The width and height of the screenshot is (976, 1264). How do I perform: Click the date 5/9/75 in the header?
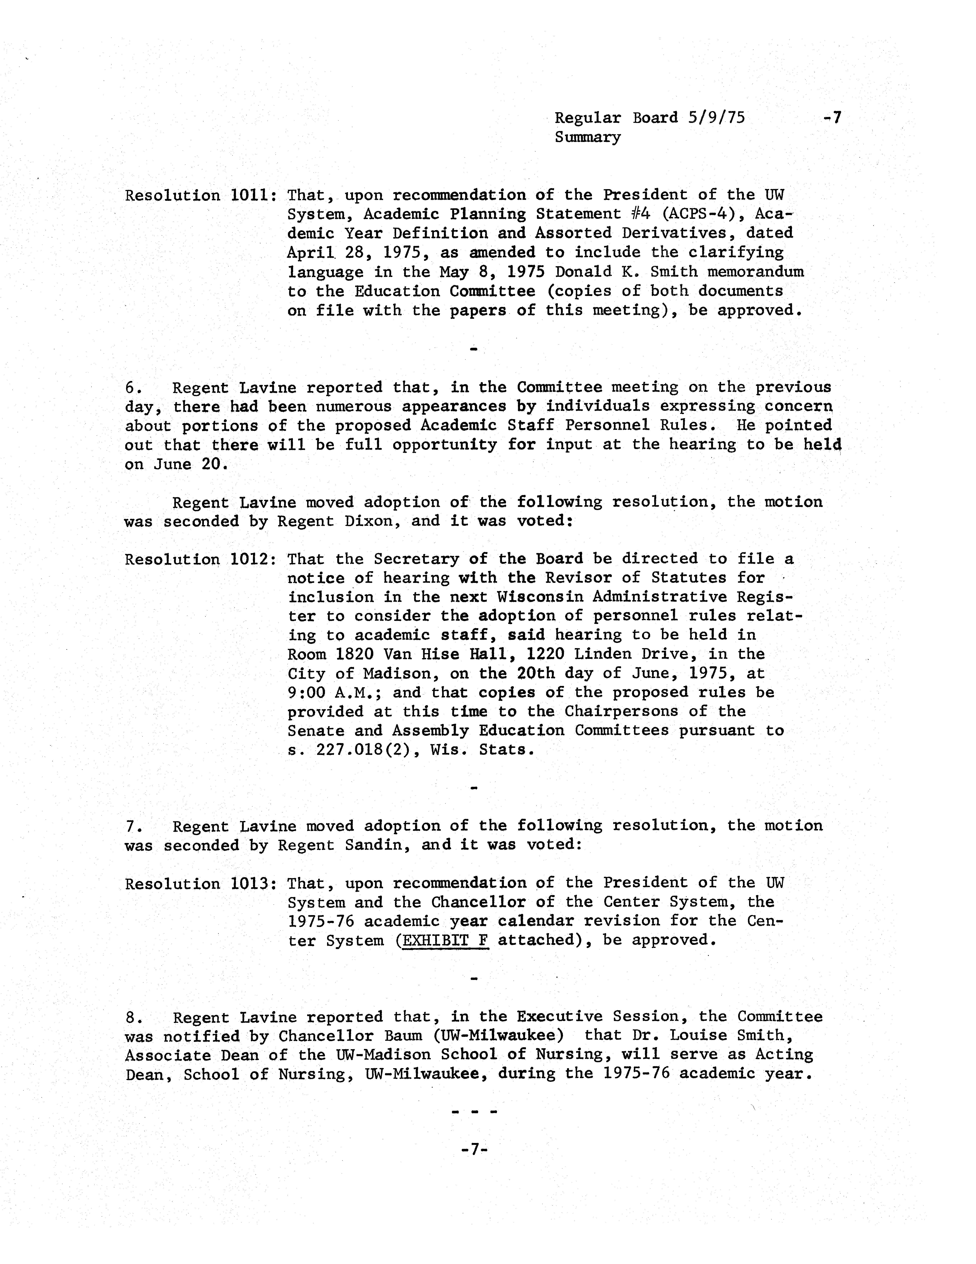(716, 118)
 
